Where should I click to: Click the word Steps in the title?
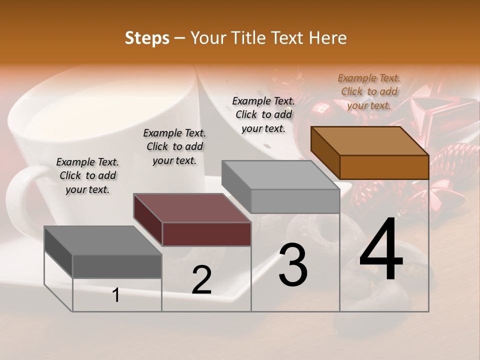coord(147,38)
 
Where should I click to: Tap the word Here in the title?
coord(328,38)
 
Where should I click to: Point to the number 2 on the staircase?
coord(201,280)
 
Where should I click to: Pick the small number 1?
coord(116,295)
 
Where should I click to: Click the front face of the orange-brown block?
coord(384,167)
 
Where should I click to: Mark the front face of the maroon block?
coord(206,234)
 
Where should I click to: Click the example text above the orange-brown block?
coord(369,91)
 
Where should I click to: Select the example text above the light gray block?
coord(263,114)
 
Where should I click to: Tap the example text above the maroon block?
coord(174,146)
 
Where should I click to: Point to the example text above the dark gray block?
coord(87,175)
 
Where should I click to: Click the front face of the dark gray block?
coord(117,266)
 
